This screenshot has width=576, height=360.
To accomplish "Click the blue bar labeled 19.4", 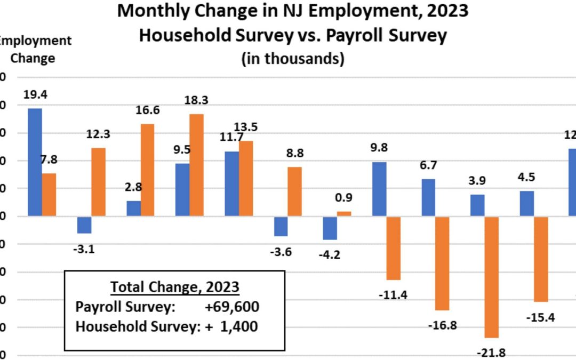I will [x=35, y=162].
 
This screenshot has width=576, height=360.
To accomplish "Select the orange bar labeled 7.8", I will [x=49, y=195].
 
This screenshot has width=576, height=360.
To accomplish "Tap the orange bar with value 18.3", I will [x=197, y=165].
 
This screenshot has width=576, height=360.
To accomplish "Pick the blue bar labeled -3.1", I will [x=84, y=225].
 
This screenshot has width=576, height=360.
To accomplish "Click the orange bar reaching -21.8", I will [x=491, y=277].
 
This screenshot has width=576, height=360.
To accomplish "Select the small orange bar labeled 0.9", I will [x=344, y=213].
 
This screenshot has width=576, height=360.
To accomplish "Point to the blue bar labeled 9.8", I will [x=379, y=189].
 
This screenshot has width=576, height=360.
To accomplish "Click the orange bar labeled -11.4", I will [x=393, y=248].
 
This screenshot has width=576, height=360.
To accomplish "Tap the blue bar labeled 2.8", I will [x=133, y=209].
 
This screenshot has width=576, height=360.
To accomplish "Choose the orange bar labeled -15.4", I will [x=541, y=259].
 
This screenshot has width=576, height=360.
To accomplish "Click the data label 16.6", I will [x=147, y=110].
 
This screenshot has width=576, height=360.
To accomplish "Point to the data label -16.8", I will [x=442, y=325].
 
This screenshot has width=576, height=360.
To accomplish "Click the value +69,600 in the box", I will [x=232, y=307].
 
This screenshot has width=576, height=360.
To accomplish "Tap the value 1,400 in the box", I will [x=238, y=326].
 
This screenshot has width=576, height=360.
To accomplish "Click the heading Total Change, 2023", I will [x=174, y=287].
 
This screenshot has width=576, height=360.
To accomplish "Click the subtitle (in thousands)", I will [x=293, y=59].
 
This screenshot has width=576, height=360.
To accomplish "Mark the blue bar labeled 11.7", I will [x=231, y=183].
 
